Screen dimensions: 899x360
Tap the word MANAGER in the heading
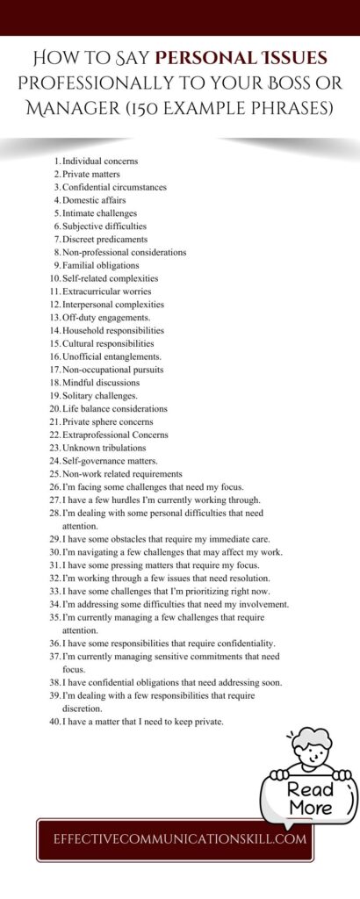pos(78,111)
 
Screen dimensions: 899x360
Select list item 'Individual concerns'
pos(99,162)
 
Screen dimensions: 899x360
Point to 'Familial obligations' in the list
pos(100,265)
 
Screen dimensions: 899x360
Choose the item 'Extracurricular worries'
pos(106,291)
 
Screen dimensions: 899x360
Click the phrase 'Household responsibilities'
pos(112,330)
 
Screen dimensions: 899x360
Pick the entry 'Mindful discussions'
pos(100,383)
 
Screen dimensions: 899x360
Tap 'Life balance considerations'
pos(114,409)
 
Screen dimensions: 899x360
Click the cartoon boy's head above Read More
pos(312,744)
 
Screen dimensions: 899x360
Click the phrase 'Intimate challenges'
pos(99,213)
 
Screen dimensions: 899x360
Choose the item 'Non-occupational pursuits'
pos(112,370)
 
